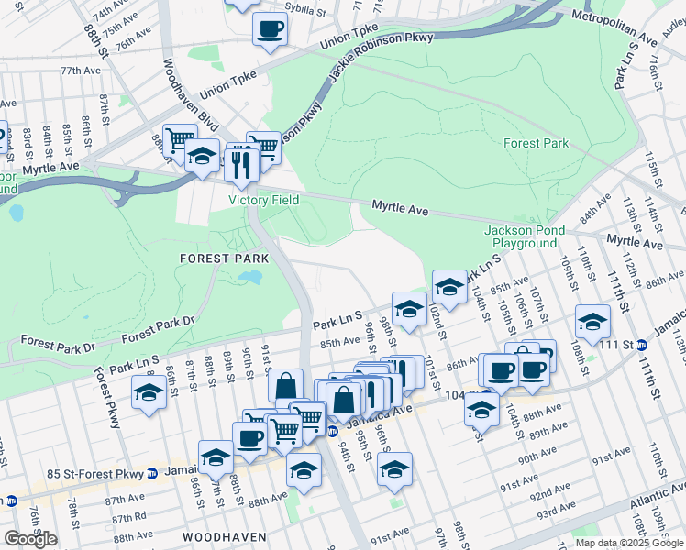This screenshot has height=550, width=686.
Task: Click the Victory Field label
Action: click(x=263, y=200)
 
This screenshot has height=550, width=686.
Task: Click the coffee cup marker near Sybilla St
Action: click(x=270, y=29)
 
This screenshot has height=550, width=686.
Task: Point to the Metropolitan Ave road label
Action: click(x=614, y=27)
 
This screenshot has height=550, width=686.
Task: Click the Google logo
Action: click(x=29, y=539)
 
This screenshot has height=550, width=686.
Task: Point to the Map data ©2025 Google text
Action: click(x=629, y=543)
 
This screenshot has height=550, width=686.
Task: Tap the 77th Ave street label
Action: click(x=81, y=71)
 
